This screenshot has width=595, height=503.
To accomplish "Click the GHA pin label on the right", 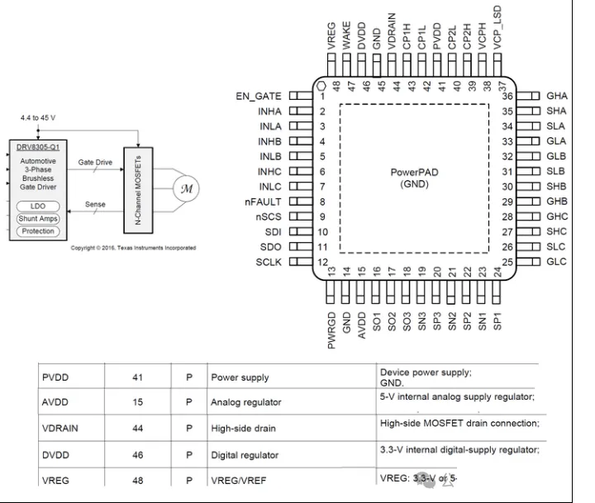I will pos(556,96).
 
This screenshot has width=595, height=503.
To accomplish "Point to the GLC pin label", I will pos(556,262).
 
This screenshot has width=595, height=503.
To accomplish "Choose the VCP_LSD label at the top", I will pos(497,36).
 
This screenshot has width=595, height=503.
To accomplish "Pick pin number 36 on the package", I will pos(508,96).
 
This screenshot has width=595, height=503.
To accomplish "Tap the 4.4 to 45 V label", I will pos(38,117).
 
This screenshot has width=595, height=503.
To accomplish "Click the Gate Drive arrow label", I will pos(94,163).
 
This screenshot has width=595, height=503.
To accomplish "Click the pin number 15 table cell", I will pos(138,403).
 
